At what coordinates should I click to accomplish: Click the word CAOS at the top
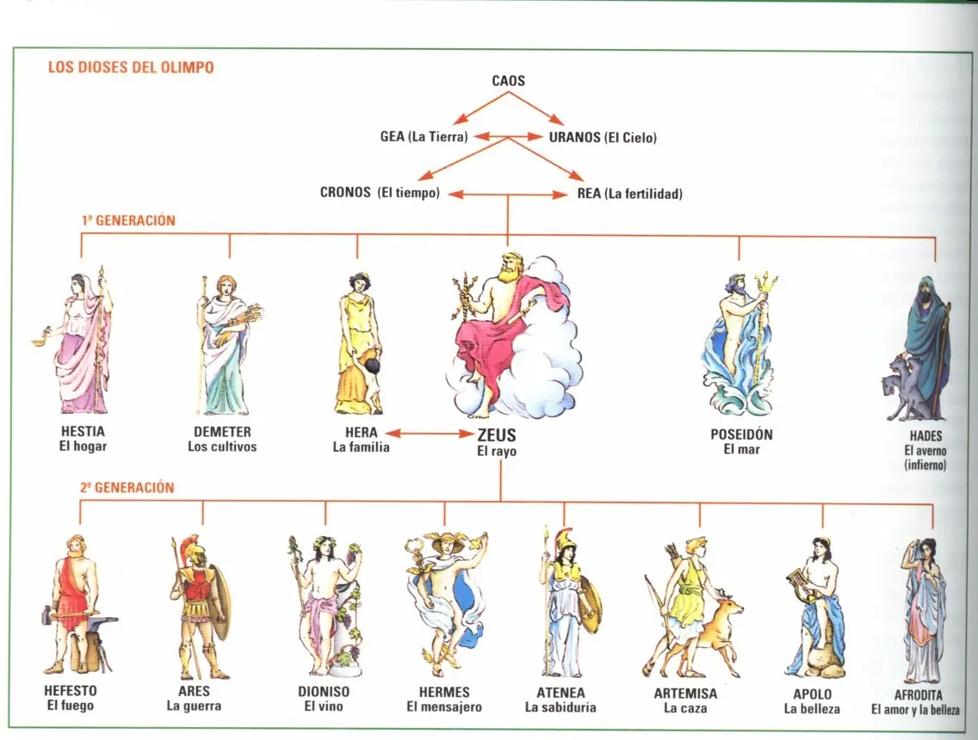click(x=508, y=81)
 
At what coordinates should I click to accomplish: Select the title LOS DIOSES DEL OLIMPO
click(x=131, y=67)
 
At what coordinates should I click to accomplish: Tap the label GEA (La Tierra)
click(x=424, y=136)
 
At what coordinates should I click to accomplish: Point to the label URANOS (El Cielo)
click(x=603, y=137)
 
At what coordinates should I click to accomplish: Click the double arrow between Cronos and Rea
click(x=509, y=194)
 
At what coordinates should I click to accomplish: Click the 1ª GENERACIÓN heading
click(x=128, y=220)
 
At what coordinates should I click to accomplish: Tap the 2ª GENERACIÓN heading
click(x=127, y=487)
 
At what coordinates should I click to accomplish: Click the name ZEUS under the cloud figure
click(x=497, y=435)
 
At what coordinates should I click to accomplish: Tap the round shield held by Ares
click(x=220, y=607)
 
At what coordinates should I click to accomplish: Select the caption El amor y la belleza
click(x=914, y=710)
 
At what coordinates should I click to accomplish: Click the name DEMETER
click(x=222, y=432)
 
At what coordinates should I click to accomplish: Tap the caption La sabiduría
click(x=560, y=707)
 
